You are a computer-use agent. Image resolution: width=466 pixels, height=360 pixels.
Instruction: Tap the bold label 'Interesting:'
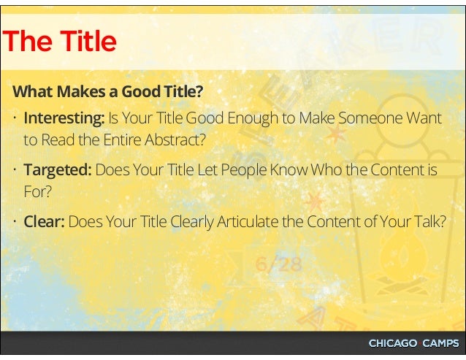[x=64, y=118]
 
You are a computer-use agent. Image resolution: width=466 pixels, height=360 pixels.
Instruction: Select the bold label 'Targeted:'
[x=58, y=170]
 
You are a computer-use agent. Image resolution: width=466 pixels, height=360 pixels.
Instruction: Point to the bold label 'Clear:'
[x=45, y=222]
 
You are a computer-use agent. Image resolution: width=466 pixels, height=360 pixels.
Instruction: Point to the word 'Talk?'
[x=427, y=222]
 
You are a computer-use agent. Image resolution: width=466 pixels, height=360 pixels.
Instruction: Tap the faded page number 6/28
[x=278, y=264]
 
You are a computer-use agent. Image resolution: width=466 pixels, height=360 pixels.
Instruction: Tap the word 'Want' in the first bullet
[x=426, y=118]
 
